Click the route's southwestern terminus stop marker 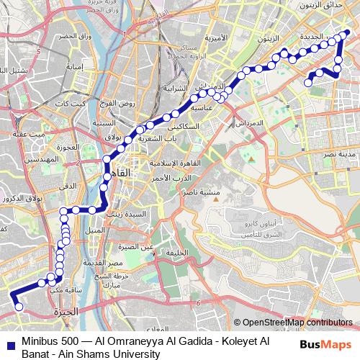[x=19, y=307]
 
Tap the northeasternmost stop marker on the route [x=346, y=32]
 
